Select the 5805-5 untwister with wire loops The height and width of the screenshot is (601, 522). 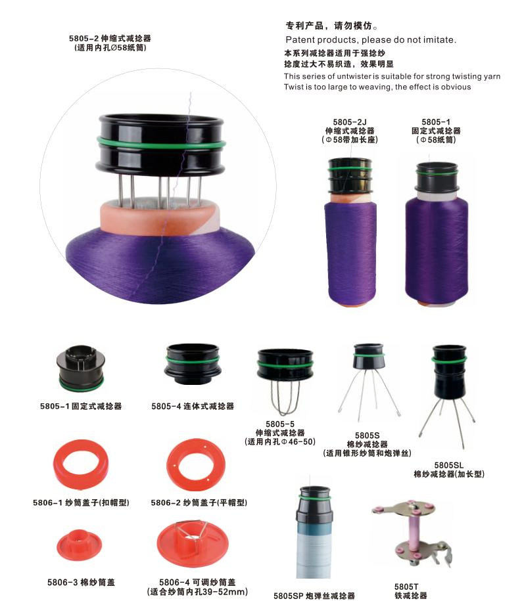click(x=284, y=378)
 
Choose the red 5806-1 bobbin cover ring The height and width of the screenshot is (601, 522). click(x=82, y=465)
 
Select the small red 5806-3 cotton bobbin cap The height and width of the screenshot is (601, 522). click(x=80, y=545)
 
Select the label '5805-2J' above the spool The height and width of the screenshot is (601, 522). click(x=350, y=123)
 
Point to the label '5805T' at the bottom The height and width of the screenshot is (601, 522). click(x=406, y=586)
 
